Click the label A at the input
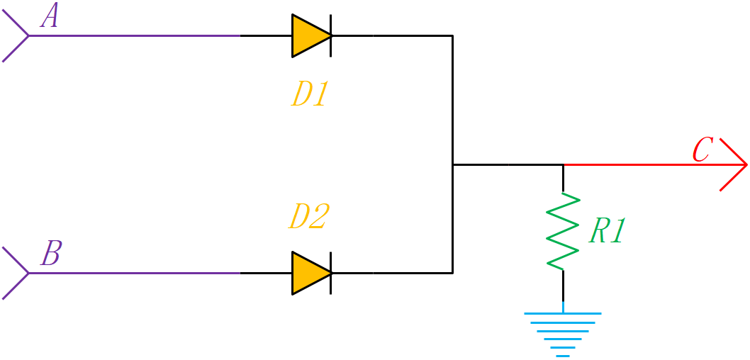click(x=50, y=16)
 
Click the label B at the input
click(x=50, y=254)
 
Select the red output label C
click(x=702, y=150)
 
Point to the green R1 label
click(x=607, y=232)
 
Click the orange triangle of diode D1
click(x=309, y=35)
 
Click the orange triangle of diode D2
click(x=309, y=273)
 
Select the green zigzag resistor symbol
click(x=564, y=231)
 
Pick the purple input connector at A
click(x=16, y=35)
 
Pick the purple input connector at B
click(x=16, y=273)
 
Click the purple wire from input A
click(x=135, y=35)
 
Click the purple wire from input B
click(x=135, y=273)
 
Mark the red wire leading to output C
click(x=638, y=164)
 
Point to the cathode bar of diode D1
click(x=332, y=35)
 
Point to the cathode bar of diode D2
click(x=332, y=273)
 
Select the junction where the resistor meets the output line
click(x=564, y=164)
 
